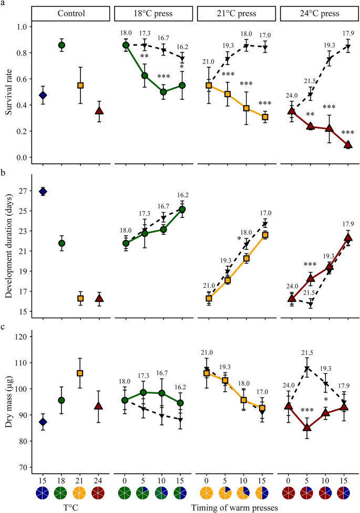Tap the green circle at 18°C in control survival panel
61,45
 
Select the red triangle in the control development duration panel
99,298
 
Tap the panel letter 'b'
3,169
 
